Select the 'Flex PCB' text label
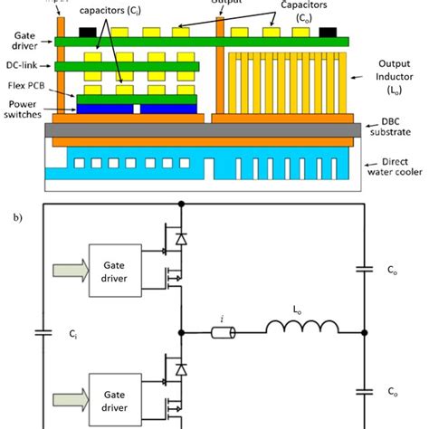[25, 88]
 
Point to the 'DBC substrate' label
[390, 133]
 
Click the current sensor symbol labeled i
[223, 334]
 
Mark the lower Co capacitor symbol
[363, 391]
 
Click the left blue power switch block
[104, 109]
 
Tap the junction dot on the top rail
[183, 205]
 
